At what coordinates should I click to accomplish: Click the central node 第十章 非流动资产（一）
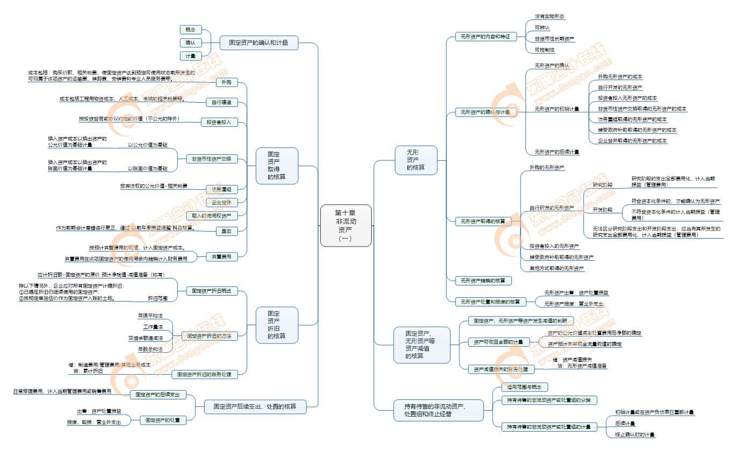(345, 225)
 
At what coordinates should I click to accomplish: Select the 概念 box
(190, 30)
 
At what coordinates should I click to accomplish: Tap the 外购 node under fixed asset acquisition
(226, 83)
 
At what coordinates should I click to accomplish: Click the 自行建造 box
(222, 102)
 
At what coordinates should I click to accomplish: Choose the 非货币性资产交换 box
(212, 159)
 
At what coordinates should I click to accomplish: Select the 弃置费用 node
(222, 257)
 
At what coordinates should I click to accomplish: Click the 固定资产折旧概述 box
(211, 291)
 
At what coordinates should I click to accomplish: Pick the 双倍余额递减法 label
(145, 338)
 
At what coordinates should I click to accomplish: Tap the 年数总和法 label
(150, 349)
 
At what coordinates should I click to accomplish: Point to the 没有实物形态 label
(549, 17)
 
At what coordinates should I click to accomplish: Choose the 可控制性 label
(545, 50)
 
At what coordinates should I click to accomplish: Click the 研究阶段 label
(602, 184)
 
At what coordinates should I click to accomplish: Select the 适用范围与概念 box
(524, 387)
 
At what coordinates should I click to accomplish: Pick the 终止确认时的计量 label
(635, 434)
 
